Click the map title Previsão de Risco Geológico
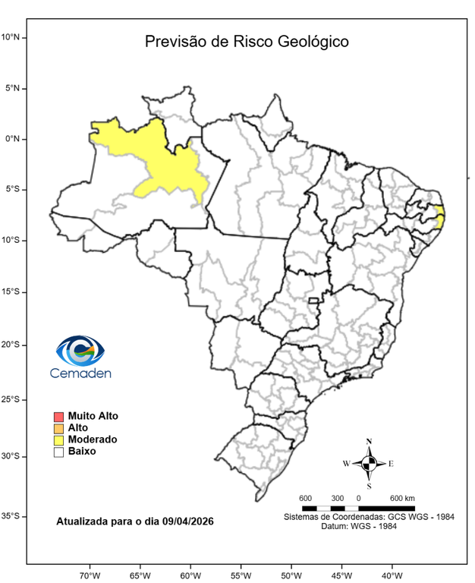(x=247, y=42)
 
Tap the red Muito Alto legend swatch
(x=58, y=416)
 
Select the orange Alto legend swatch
(x=58, y=428)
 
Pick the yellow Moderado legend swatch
(x=58, y=440)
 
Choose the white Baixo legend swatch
(x=58, y=452)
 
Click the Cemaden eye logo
(x=80, y=351)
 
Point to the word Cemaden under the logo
(x=80, y=373)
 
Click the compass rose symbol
(x=369, y=463)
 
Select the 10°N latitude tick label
(x=14, y=36)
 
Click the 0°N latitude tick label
(x=15, y=139)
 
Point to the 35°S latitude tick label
(x=14, y=515)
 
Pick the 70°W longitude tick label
(x=90, y=575)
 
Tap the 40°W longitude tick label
(x=392, y=575)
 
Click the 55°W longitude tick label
(x=241, y=575)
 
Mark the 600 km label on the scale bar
(x=402, y=498)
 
